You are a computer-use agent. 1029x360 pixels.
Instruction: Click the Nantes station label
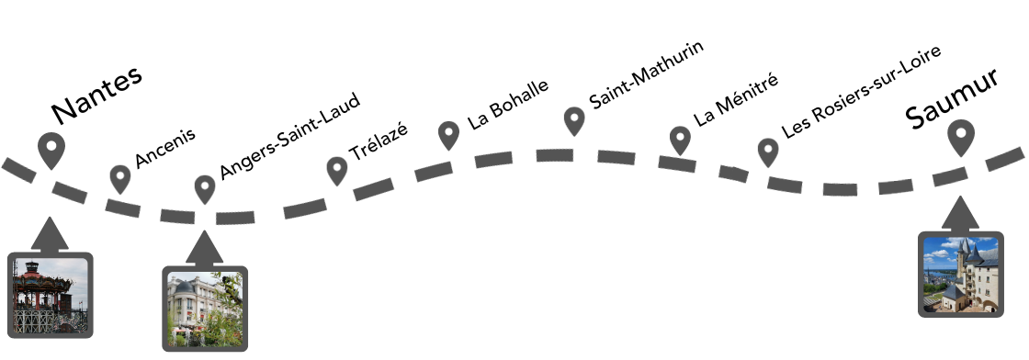tap(96, 94)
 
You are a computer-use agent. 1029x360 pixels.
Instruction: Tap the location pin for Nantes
tap(51, 150)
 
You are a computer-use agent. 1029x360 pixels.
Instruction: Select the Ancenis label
tap(165, 148)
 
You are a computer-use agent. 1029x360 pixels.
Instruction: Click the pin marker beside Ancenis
tap(120, 177)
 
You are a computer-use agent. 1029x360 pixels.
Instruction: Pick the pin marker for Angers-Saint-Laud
tap(205, 188)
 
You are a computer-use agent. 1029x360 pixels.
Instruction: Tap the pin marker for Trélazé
tap(337, 169)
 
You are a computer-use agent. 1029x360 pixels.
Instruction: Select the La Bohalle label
tap(508, 103)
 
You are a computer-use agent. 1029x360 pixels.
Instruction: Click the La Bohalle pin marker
tap(448, 134)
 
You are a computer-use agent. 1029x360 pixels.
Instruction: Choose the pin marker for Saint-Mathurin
tap(574, 120)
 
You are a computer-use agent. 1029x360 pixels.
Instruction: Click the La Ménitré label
tap(736, 99)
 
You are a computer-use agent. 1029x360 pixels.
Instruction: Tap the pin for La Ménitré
tap(680, 140)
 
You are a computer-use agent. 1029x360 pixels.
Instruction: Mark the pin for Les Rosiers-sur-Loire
tap(768, 152)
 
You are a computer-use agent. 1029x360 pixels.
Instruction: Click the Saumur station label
tap(952, 102)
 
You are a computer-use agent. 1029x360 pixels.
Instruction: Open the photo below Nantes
tap(51, 296)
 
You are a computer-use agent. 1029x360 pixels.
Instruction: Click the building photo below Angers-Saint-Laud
tap(205, 310)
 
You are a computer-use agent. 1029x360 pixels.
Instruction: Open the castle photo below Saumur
tap(960, 274)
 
